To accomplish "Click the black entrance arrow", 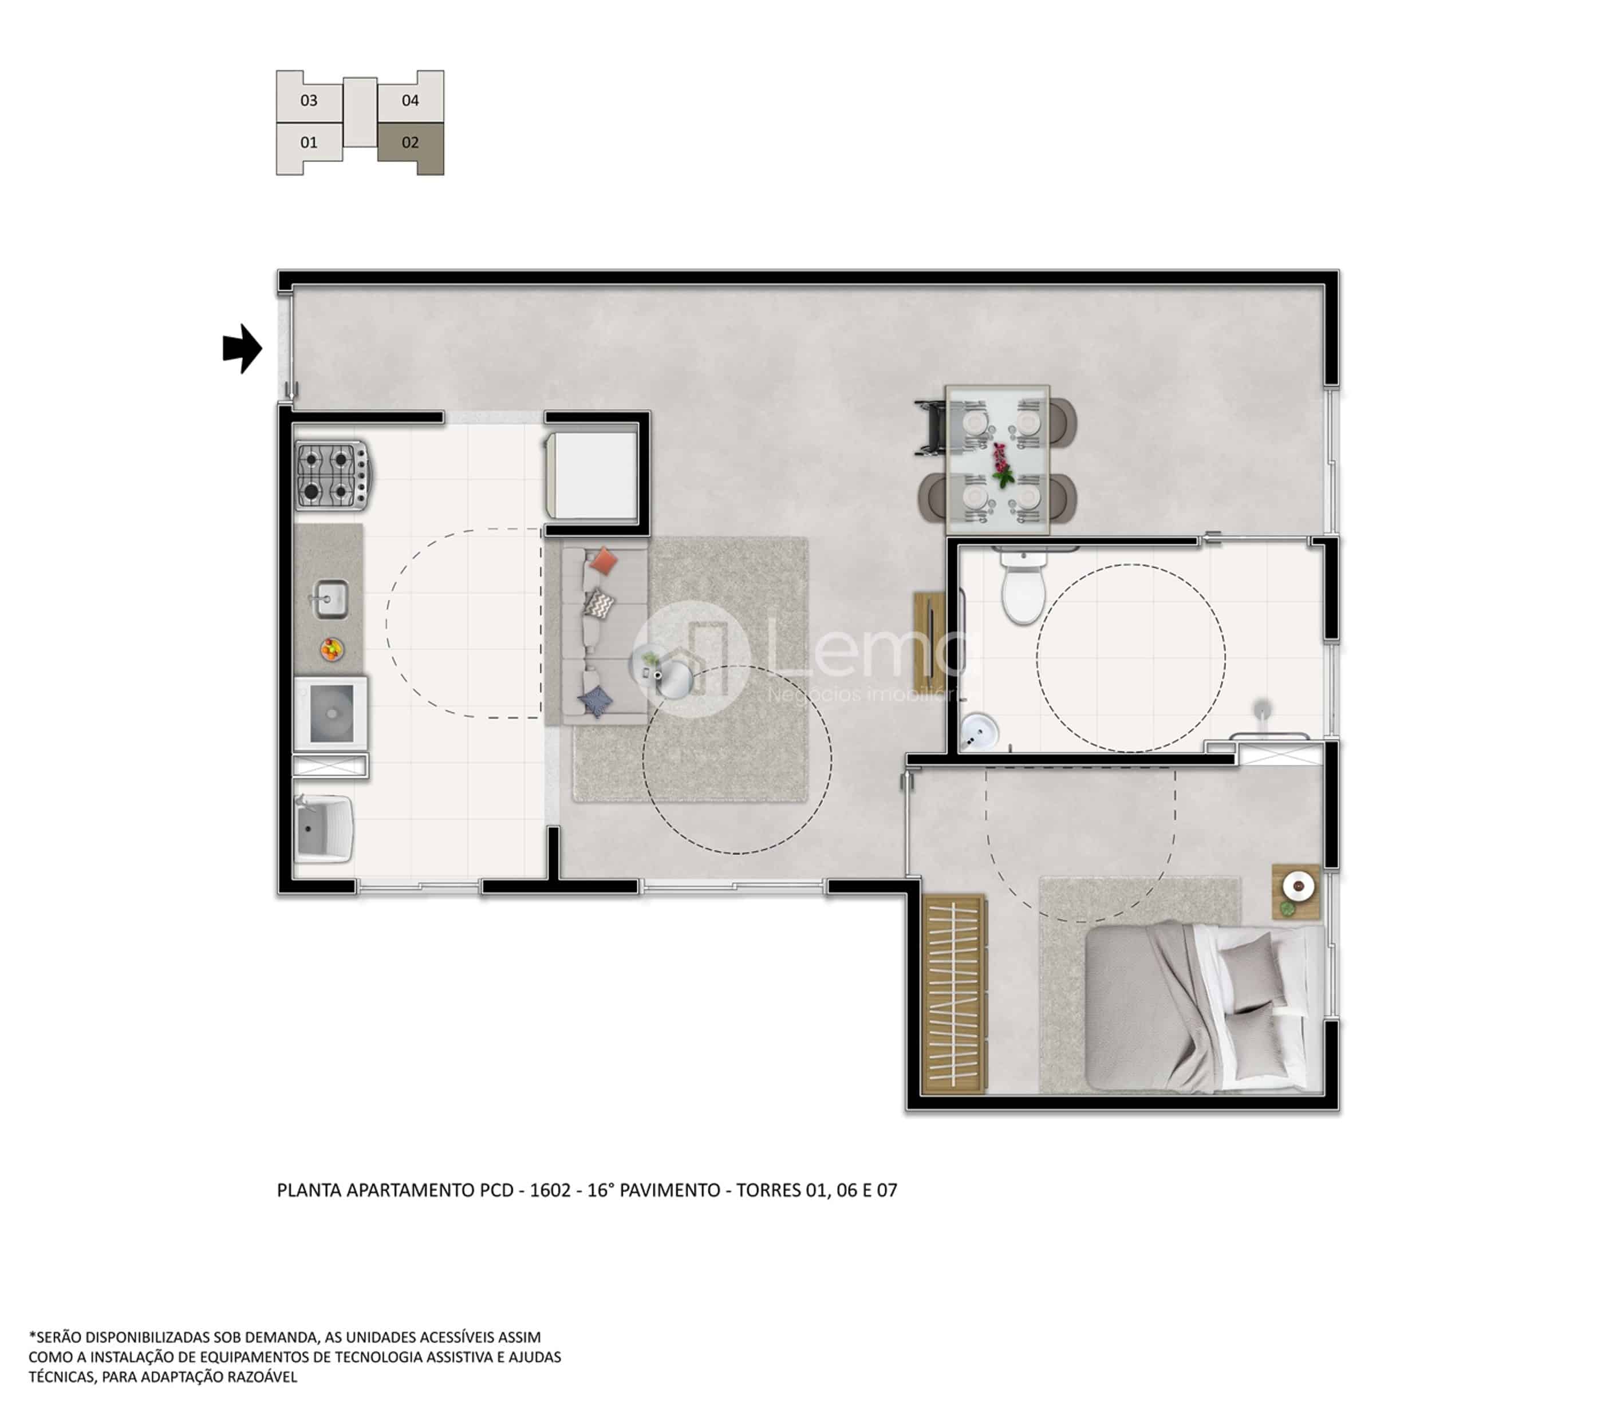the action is coord(243,348).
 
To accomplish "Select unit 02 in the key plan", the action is coord(411,148).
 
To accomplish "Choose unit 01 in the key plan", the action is coord(309,148).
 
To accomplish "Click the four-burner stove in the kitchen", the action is coord(332,475).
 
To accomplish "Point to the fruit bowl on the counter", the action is coord(332,649).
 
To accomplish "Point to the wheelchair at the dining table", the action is coord(932,428).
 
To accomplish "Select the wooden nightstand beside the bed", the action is coord(1296,890).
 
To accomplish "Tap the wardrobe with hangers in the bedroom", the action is coord(955,994).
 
